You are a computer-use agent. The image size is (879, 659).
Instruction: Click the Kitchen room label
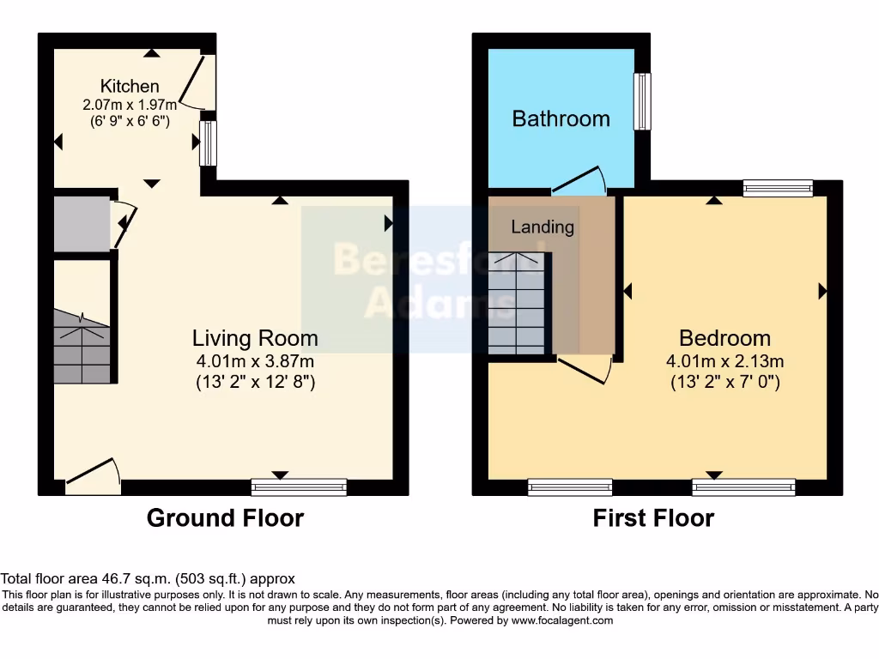pyautogui.click(x=130, y=86)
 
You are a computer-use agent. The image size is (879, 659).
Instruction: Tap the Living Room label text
pyautogui.click(x=255, y=338)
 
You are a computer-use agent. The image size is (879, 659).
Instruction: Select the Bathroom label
pyautogui.click(x=561, y=118)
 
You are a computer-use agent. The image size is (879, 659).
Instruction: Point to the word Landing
pyautogui.click(x=543, y=227)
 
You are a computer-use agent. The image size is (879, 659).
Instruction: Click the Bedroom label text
pyautogui.click(x=724, y=338)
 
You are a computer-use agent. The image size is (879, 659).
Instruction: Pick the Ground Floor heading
pyautogui.click(x=225, y=518)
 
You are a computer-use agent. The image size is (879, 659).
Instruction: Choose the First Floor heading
pyautogui.click(x=653, y=518)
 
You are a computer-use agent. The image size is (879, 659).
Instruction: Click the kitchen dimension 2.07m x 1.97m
pyautogui.click(x=130, y=105)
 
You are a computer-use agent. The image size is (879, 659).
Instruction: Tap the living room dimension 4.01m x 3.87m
pyautogui.click(x=255, y=361)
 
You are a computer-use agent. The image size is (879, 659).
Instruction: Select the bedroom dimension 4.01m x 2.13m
pyautogui.click(x=724, y=361)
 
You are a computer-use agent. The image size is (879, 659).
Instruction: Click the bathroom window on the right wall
pyautogui.click(x=642, y=101)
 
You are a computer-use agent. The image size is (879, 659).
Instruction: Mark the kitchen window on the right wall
pyautogui.click(x=208, y=142)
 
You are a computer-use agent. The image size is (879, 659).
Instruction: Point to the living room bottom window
pyautogui.click(x=299, y=487)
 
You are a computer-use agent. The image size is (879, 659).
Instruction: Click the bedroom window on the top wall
pyautogui.click(x=778, y=188)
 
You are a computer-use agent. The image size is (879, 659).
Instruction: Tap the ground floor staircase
pyautogui.click(x=82, y=348)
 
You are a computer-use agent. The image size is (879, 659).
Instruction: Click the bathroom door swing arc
pyautogui.click(x=580, y=179)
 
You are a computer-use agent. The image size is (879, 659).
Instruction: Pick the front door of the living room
pyautogui.click(x=93, y=475)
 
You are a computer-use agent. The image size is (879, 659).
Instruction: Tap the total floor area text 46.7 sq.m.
pyautogui.click(x=148, y=579)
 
